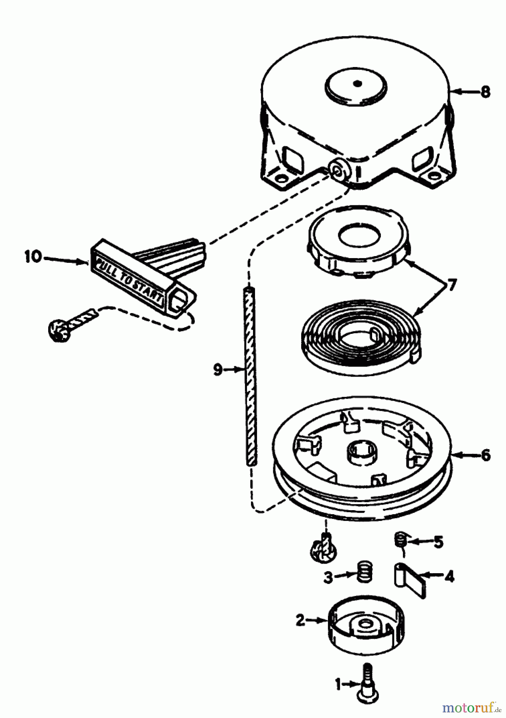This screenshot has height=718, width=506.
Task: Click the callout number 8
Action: point(485,92)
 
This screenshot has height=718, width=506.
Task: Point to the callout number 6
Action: point(485,455)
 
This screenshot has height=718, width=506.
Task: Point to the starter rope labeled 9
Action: point(250,375)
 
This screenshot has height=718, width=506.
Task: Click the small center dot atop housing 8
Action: point(357,83)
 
